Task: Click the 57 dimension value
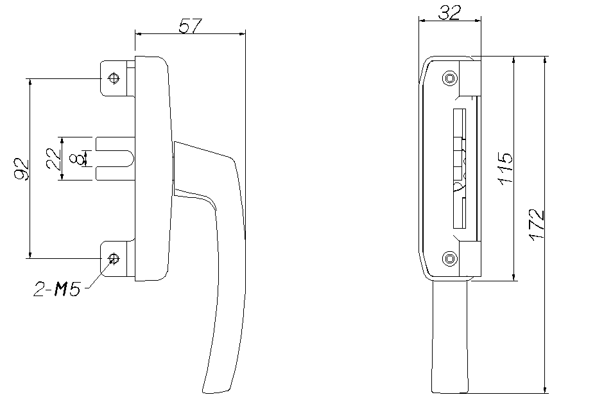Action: pos(190,26)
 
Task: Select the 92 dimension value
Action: pos(22,169)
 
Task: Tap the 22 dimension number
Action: pos(53,159)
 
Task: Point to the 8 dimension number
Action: pos(76,159)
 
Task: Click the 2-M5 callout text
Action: pos(58,289)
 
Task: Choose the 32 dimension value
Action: pos(449,13)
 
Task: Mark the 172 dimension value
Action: pos(537,225)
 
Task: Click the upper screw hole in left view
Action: pos(114,78)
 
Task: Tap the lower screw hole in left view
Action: pos(114,258)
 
